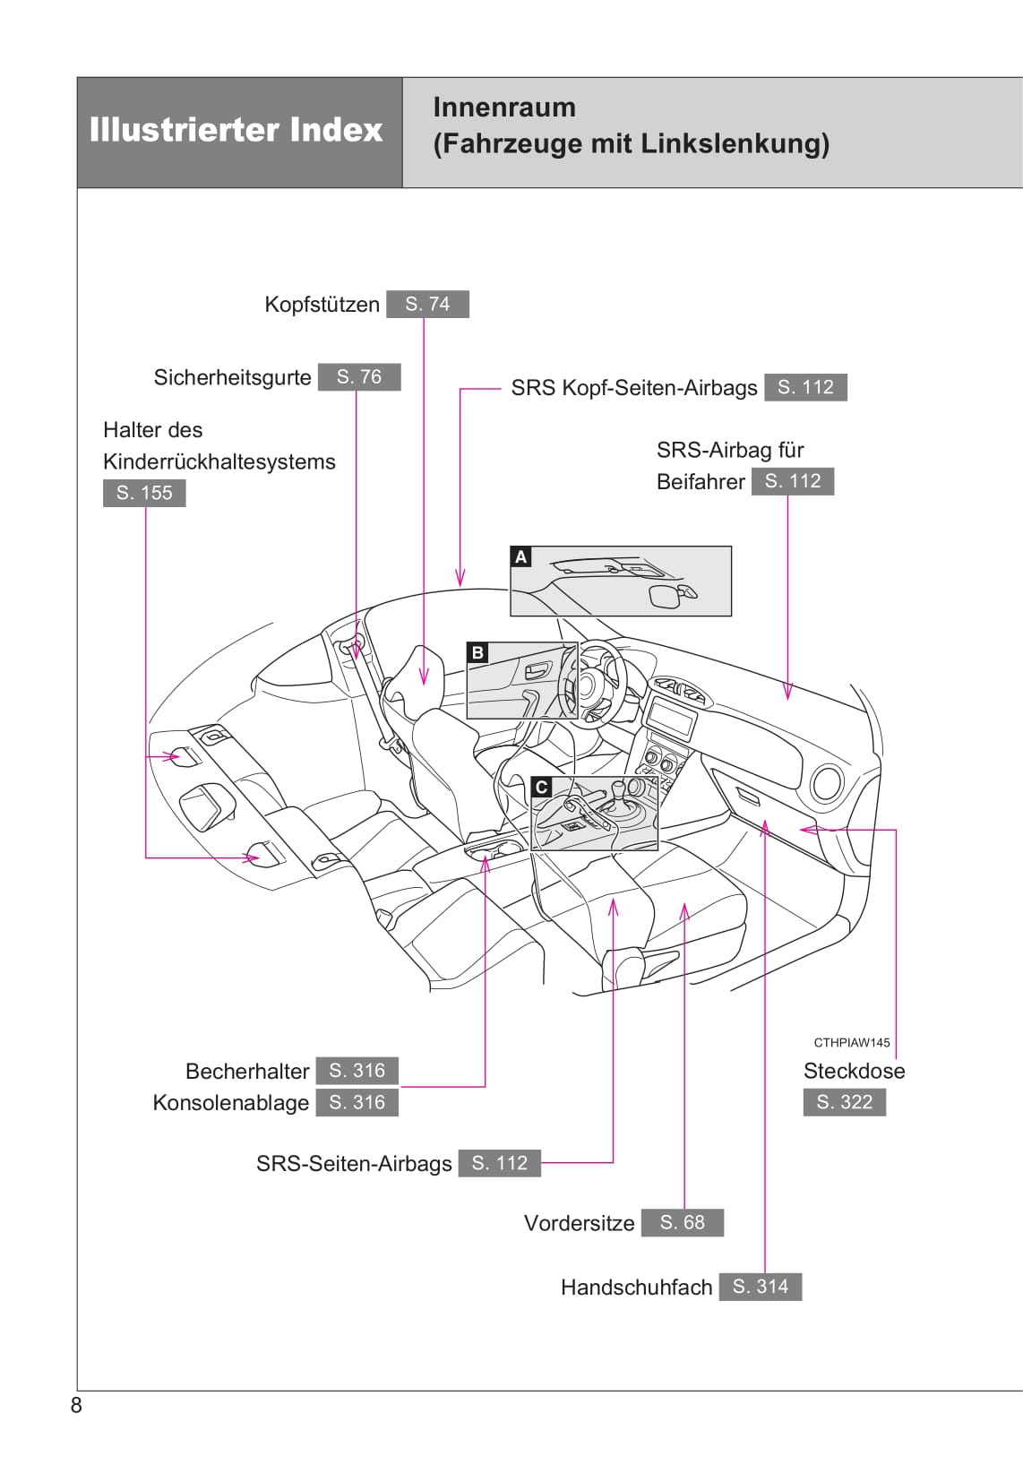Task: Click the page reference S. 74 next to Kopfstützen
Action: click(x=427, y=304)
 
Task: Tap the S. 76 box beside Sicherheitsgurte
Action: click(x=358, y=377)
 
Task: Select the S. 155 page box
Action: click(x=144, y=493)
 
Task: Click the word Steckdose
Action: click(x=854, y=1071)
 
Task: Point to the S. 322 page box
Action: click(x=844, y=1102)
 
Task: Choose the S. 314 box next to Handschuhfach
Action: click(x=760, y=1287)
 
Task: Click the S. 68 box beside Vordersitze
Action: click(x=682, y=1222)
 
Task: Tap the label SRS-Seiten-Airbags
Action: click(x=354, y=1164)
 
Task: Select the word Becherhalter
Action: click(x=247, y=1071)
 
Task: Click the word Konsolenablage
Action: click(x=231, y=1103)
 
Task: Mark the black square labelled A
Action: click(x=520, y=556)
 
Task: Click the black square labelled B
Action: click(x=477, y=652)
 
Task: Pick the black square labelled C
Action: click(x=541, y=787)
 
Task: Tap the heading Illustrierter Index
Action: click(x=236, y=131)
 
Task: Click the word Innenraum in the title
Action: click(x=504, y=108)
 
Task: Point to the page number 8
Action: click(x=76, y=1405)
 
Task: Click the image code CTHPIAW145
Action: click(x=851, y=1042)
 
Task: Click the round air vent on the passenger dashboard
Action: click(x=826, y=783)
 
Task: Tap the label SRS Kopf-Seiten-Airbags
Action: click(x=633, y=388)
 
